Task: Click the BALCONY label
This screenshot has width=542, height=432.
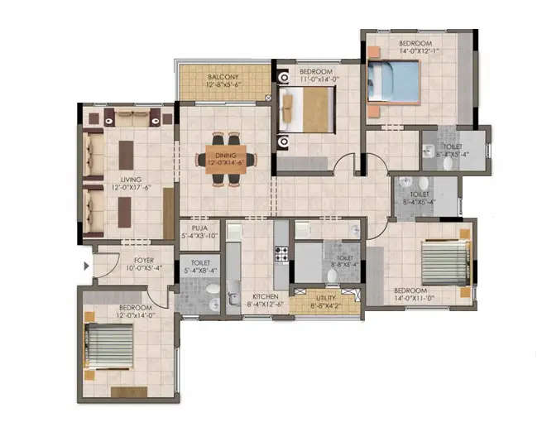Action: [223, 77]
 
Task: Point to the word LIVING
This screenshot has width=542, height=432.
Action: [130, 179]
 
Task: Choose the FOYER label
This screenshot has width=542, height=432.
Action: [132, 260]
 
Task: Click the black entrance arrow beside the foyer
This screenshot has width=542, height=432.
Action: [87, 266]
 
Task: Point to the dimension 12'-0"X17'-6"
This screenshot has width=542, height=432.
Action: [130, 187]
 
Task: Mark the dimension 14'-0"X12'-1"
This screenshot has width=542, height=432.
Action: [415, 50]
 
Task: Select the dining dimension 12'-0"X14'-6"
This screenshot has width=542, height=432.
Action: [226, 163]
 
